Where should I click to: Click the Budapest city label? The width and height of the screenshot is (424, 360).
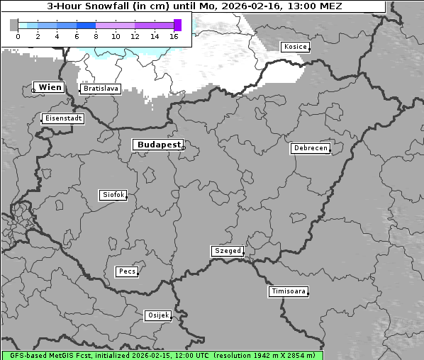[x=158, y=145]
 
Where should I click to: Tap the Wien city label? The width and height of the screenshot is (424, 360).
[x=50, y=87]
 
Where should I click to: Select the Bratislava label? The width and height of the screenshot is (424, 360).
[x=100, y=89]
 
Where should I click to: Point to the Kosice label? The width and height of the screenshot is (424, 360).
[x=294, y=47]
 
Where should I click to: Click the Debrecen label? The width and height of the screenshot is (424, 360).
[x=310, y=148]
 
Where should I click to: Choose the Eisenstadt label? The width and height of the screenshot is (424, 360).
[x=63, y=118]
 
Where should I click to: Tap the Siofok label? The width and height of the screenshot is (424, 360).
[x=113, y=194]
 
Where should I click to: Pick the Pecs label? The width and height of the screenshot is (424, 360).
[x=127, y=271]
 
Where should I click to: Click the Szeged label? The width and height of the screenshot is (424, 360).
[x=228, y=251]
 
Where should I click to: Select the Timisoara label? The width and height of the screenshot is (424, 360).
[x=289, y=291]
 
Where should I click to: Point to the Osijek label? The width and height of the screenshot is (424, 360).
[x=157, y=315]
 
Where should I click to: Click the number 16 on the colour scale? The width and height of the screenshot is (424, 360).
[x=174, y=36]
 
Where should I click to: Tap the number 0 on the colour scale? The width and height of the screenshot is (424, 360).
[x=18, y=36]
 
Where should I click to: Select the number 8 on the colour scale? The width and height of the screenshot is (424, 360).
[x=96, y=36]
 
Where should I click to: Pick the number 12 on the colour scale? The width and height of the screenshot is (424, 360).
[x=135, y=36]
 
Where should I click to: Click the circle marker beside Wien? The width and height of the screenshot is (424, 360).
[x=33, y=90]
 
